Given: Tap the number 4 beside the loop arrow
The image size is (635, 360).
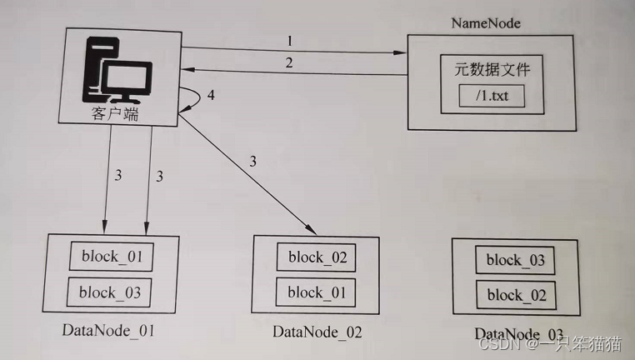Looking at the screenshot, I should [211, 96].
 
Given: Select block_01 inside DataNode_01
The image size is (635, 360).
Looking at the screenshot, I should [112, 256].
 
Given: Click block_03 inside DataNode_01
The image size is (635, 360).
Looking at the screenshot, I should [112, 292].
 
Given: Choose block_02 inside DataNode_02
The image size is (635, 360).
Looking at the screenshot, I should [317, 257].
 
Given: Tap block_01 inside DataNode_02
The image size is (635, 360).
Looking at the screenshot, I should [317, 292].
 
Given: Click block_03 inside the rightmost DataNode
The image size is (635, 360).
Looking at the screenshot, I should [515, 260].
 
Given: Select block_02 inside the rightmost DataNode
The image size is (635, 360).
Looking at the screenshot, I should [515, 295].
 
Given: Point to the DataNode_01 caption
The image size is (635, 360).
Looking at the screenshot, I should [108, 331].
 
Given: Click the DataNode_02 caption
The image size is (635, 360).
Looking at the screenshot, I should [317, 332].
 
